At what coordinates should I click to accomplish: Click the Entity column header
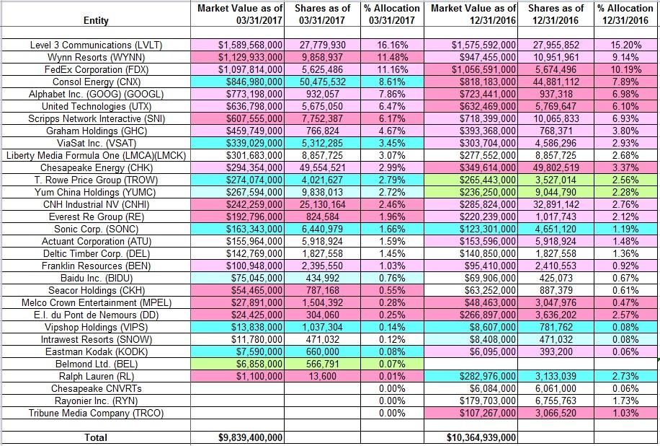pyautogui.click(x=96, y=21)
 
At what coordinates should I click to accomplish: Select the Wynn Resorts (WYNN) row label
pyautogui.click(x=96, y=57)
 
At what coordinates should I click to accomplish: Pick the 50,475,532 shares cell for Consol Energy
pyautogui.click(x=322, y=82)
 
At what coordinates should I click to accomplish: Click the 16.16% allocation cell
pyautogui.click(x=392, y=45)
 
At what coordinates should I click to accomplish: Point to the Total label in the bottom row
pyautogui.click(x=96, y=437)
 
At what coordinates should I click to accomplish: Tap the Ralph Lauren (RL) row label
pyautogui.click(x=96, y=376)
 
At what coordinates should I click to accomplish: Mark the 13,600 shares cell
pyautogui.click(x=322, y=376)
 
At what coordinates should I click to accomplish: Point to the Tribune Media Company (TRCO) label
pyautogui.click(x=96, y=413)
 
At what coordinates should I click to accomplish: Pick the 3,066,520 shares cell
pyautogui.click(x=556, y=413)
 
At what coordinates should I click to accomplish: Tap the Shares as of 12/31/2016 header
pyautogui.click(x=556, y=14)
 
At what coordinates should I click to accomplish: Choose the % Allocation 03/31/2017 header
pyautogui.click(x=392, y=14)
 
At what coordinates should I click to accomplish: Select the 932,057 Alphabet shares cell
pyautogui.click(x=322, y=94)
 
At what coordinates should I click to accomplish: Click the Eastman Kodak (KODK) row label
pyautogui.click(x=96, y=351)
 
